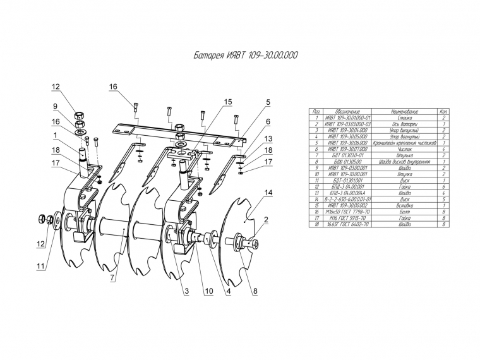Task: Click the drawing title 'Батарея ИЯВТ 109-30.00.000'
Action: click(x=246, y=56)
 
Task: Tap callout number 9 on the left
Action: click(x=56, y=106)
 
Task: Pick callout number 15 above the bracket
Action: click(x=228, y=102)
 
